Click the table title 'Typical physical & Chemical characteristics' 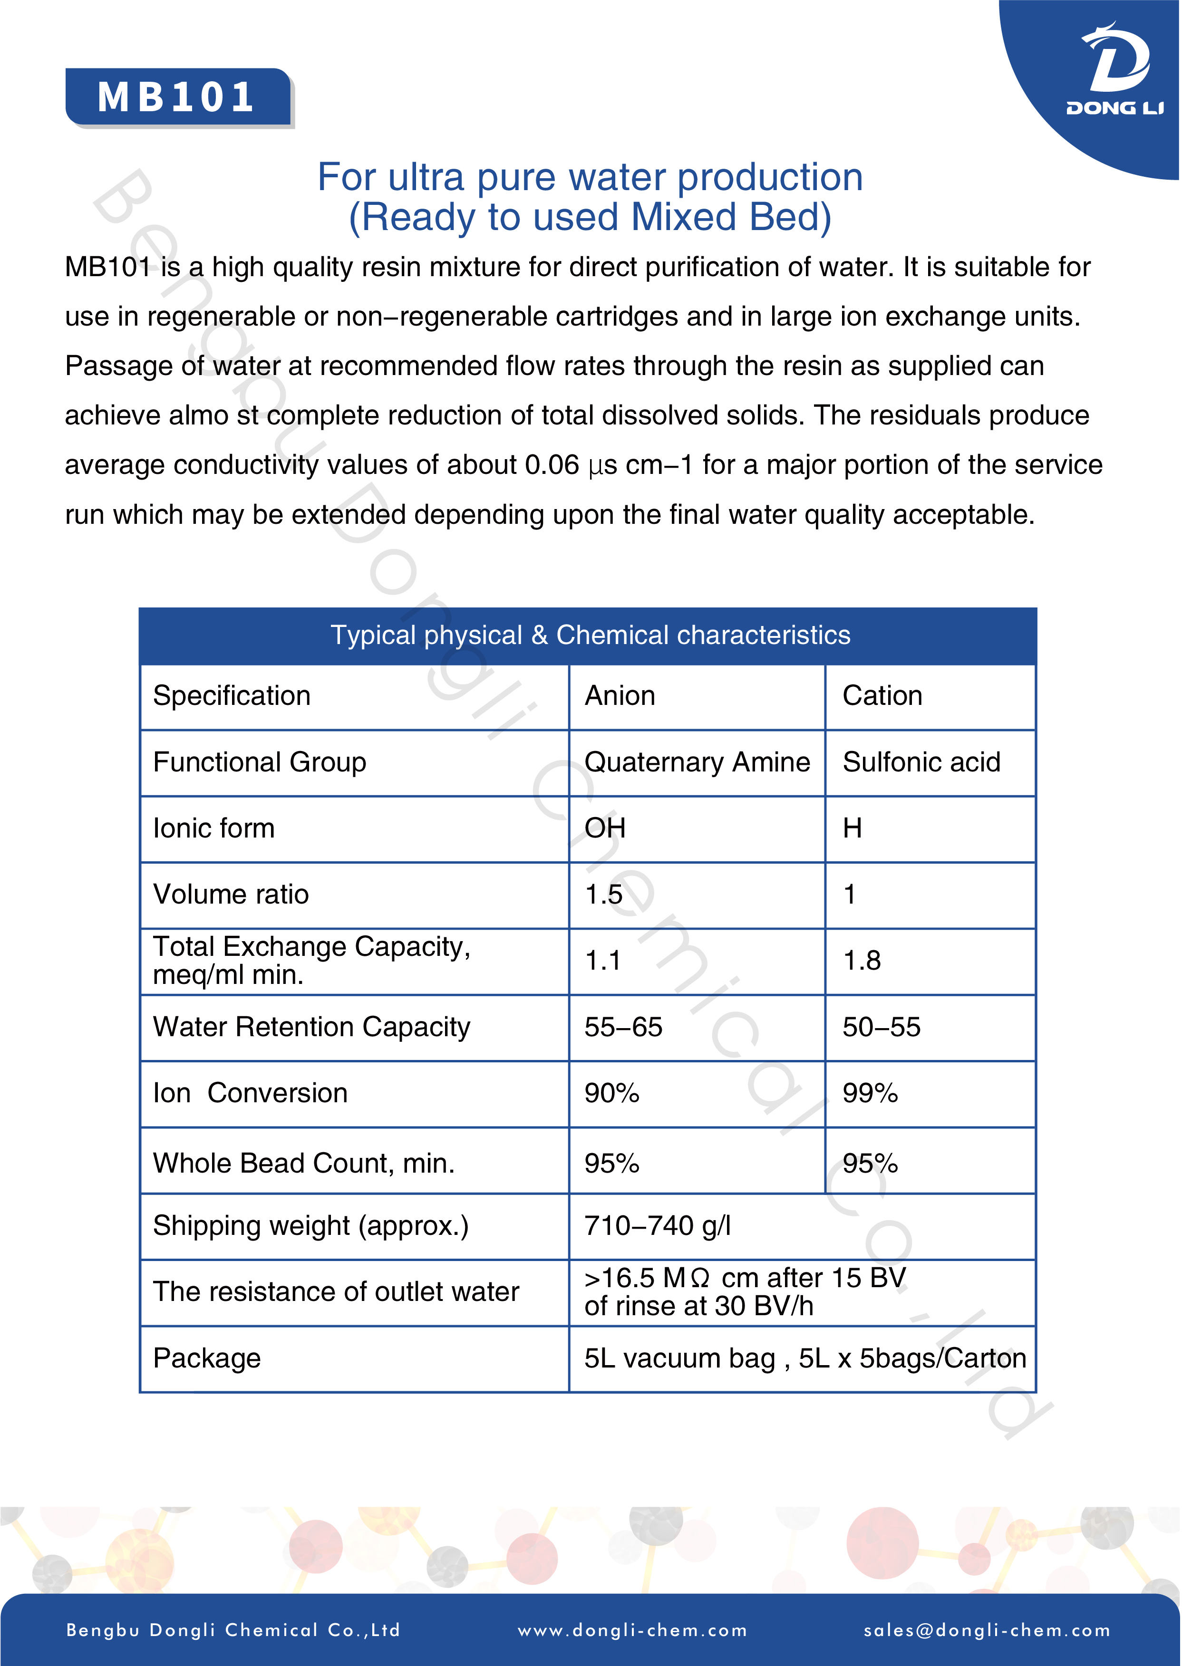(x=590, y=635)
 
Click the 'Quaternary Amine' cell (x=697, y=762)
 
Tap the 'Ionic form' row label (x=214, y=828)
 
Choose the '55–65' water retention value (x=623, y=1027)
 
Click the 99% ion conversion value (x=870, y=1093)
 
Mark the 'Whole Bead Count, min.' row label (x=303, y=1163)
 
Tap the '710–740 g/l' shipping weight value (x=657, y=1226)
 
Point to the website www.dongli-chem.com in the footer (x=632, y=1630)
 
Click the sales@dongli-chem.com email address (x=987, y=1630)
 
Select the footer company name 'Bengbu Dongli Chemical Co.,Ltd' (x=233, y=1630)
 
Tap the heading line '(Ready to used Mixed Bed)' (x=590, y=217)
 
